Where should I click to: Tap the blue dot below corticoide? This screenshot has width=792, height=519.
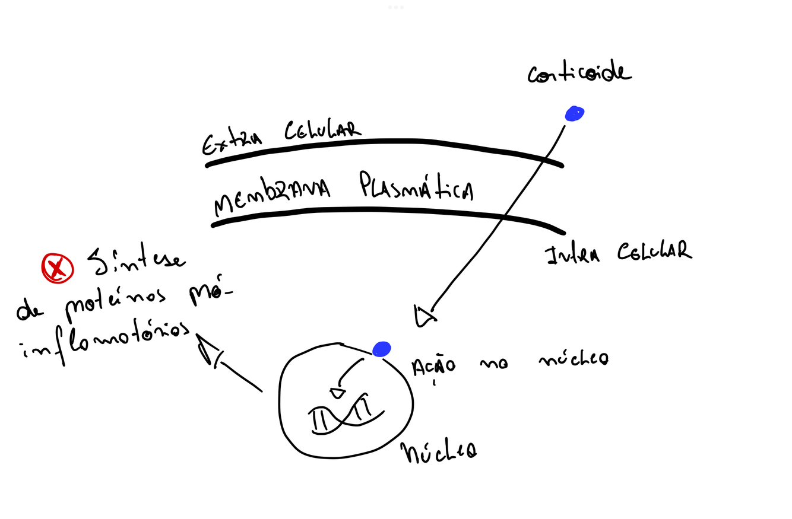pyautogui.click(x=574, y=113)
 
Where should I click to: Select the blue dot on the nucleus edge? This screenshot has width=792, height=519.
pyautogui.click(x=381, y=349)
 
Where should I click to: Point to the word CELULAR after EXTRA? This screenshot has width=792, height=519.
pyautogui.click(x=322, y=130)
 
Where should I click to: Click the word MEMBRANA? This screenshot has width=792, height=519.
pyautogui.click(x=271, y=196)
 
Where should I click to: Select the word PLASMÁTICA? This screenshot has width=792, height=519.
pyautogui.click(x=416, y=186)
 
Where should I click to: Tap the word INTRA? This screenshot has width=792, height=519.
pyautogui.click(x=572, y=255)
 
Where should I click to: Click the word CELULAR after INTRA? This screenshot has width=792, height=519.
pyautogui.click(x=654, y=251)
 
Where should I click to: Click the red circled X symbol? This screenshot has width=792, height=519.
pyautogui.click(x=57, y=268)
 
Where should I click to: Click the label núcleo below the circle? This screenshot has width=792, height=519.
pyautogui.click(x=439, y=453)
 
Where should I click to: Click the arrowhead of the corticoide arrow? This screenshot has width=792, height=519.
pyautogui.click(x=424, y=317)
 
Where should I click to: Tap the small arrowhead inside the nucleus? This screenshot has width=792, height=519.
pyautogui.click(x=337, y=393)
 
